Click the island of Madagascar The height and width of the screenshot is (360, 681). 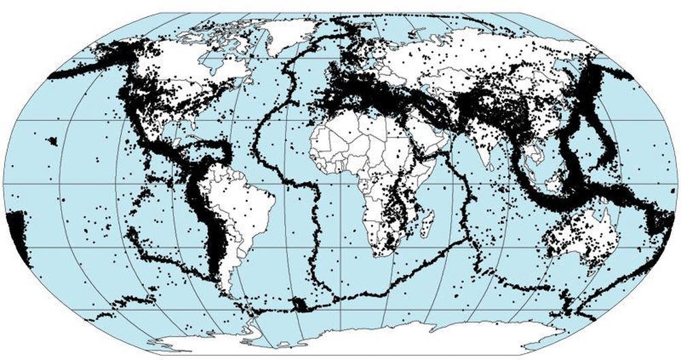coord(427,224)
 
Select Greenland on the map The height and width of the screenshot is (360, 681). coord(289,34)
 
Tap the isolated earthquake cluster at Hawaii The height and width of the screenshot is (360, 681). coord(52,141)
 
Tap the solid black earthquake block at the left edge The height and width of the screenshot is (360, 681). coord(15,231)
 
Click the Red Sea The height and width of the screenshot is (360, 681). coord(421,136)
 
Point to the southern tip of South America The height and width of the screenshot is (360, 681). coord(235,310)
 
